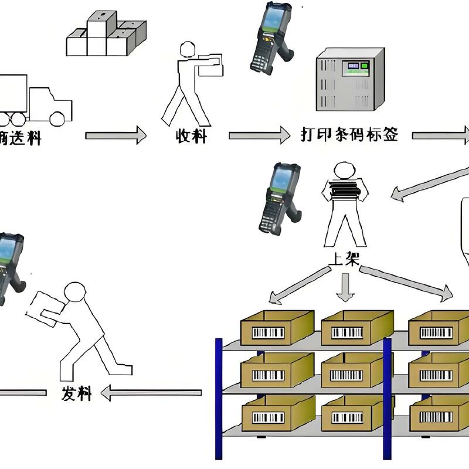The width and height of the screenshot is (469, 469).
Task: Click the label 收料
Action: click(192, 137)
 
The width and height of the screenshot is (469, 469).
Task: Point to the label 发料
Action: click(77, 393)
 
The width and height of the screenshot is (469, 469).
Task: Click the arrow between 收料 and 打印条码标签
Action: click(258, 135)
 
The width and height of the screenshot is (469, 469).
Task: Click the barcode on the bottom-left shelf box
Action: click(267, 417)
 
